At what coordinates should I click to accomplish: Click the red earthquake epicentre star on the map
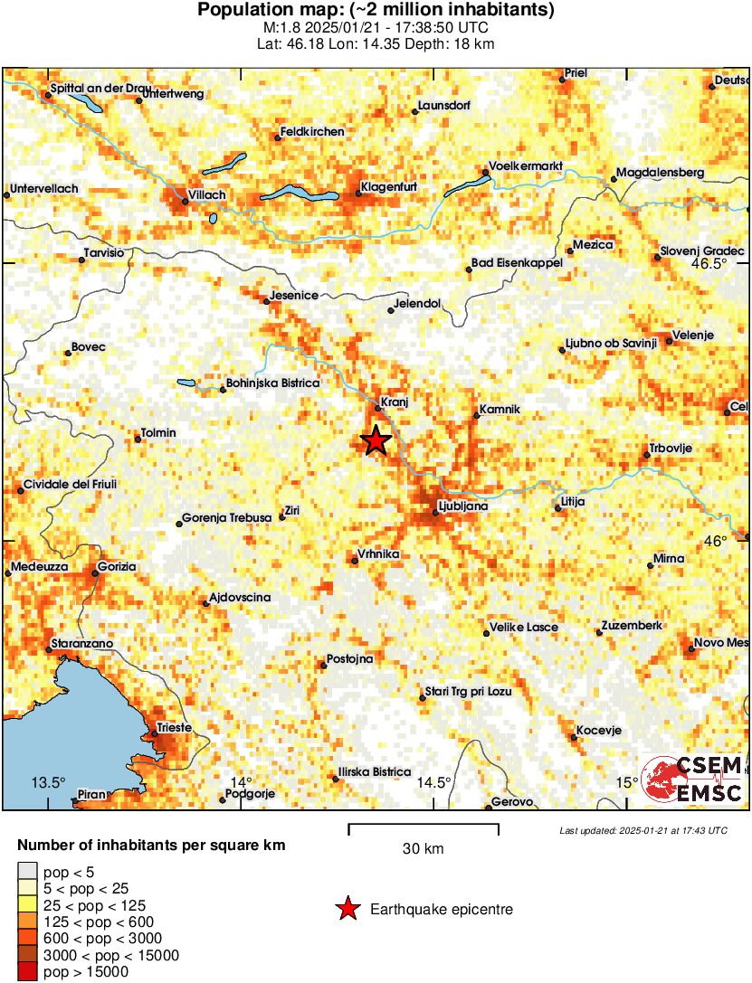tap(376, 440)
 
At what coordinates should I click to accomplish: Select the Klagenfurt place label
tap(388, 187)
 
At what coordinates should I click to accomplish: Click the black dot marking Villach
tap(186, 202)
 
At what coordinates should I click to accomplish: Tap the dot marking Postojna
tap(323, 666)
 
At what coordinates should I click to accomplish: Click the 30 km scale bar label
tap(423, 849)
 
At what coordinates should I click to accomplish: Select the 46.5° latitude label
tap(709, 264)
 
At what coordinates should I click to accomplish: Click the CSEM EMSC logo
tap(692, 779)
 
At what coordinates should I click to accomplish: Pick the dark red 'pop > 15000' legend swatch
tap(28, 972)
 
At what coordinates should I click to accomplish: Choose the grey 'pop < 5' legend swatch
tap(28, 873)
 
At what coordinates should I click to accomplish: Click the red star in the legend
tap(347, 910)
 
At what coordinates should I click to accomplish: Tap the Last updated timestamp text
tap(643, 830)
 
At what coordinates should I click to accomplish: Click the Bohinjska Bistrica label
tap(271, 383)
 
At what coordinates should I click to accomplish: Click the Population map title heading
tap(376, 11)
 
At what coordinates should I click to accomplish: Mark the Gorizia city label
tap(117, 566)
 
